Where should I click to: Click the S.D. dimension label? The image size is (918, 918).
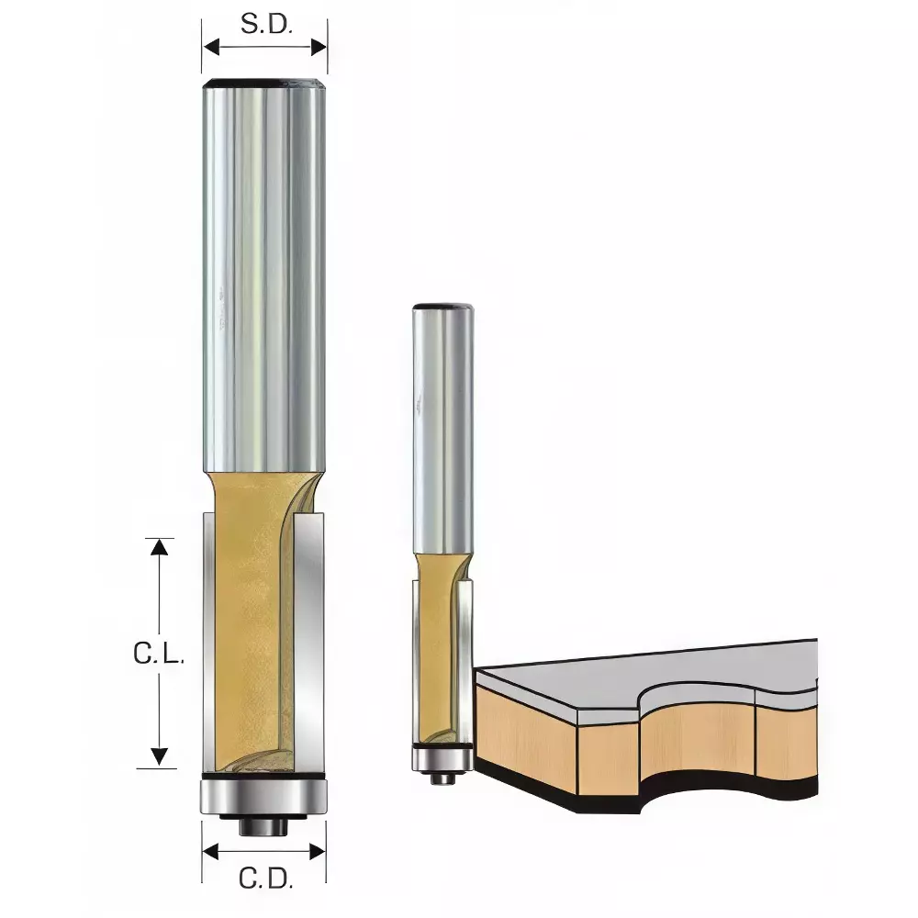click(266, 25)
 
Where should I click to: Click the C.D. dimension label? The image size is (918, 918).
click(265, 879)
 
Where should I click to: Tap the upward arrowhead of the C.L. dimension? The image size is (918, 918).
click(161, 547)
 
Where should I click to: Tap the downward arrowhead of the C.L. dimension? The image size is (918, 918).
click(161, 756)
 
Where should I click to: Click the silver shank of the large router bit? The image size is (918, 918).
click(264, 275)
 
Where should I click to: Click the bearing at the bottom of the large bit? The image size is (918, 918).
click(264, 795)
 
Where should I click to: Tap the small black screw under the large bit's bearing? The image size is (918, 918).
click(264, 824)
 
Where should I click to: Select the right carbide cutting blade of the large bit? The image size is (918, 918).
click(311, 643)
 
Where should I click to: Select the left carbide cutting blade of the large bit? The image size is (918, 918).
click(209, 643)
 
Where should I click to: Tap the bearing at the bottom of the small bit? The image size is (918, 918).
click(442, 759)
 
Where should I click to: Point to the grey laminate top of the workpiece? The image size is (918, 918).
click(643, 675)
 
